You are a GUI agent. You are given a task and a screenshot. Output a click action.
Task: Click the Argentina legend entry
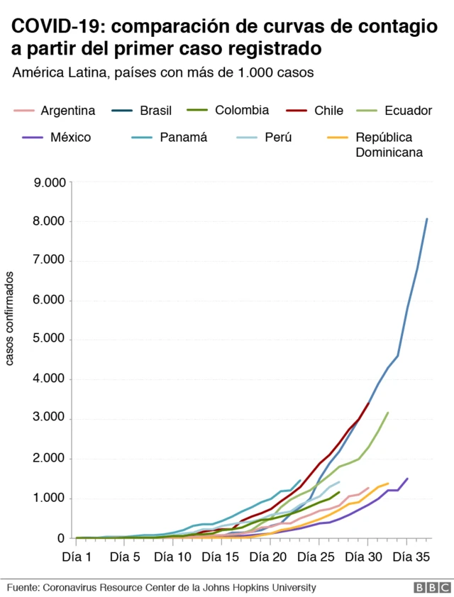(67, 111)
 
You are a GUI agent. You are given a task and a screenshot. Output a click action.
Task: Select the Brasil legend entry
(155, 111)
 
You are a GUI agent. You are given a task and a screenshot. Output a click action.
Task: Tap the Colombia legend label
(241, 110)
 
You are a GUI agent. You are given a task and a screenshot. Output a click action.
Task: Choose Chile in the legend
(328, 111)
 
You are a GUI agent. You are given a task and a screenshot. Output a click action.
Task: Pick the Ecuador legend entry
(408, 111)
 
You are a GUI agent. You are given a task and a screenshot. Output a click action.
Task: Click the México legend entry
(70, 137)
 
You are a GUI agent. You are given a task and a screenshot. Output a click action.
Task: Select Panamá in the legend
(183, 137)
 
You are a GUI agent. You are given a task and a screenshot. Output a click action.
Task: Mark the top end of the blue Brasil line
(426, 219)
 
